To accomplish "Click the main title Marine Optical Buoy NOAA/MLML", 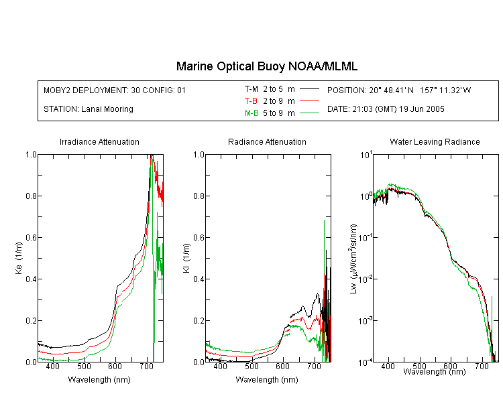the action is (x=266, y=66).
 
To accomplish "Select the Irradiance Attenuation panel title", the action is (x=99, y=141).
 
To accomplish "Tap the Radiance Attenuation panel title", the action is (x=267, y=141).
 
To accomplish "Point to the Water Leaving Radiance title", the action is (x=435, y=141).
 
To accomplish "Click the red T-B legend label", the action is (x=251, y=101).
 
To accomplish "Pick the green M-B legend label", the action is (x=251, y=113).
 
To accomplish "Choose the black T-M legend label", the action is (x=251, y=89).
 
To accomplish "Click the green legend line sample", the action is (x=309, y=113).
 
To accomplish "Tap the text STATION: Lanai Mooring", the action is (x=89, y=109).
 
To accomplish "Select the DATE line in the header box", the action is (x=386, y=109).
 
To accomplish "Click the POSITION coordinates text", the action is (x=399, y=90).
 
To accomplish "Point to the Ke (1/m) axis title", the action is (x=19, y=258).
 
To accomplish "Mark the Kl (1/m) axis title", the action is (x=186, y=258).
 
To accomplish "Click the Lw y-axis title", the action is (x=353, y=259).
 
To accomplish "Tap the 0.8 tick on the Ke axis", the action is (x=31, y=196).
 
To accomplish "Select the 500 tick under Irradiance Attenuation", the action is (x=84, y=366).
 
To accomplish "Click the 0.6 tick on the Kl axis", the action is (x=199, y=238).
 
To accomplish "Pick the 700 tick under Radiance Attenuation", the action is (x=315, y=366).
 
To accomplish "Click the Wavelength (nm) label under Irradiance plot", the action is (x=99, y=380).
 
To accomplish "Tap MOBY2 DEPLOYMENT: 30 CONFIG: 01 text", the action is (x=115, y=90).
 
